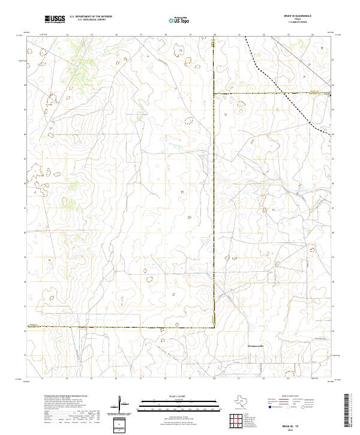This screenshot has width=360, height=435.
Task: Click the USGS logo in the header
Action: (x=55, y=20)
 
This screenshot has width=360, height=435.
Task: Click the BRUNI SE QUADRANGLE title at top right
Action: (x=307, y=17)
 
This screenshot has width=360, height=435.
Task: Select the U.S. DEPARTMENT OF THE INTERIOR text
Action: (x=91, y=17)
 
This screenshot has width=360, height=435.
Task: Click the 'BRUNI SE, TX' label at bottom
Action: (x=307, y=423)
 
